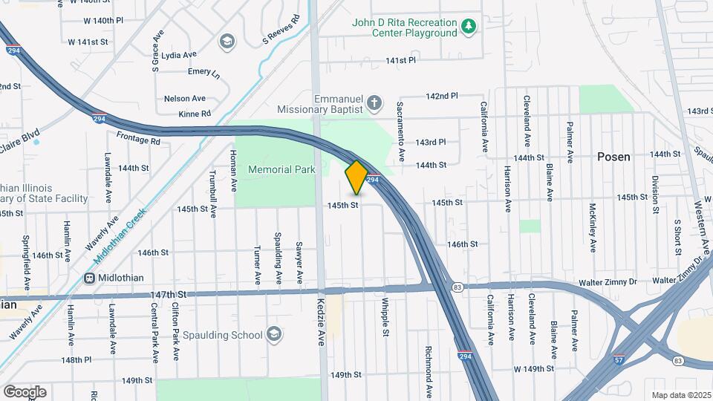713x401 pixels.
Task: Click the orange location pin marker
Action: tap(356, 177)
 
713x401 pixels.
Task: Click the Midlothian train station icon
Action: tap(89, 278)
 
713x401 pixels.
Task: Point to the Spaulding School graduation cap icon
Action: tap(274, 333)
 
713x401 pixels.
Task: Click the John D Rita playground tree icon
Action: tap(468, 27)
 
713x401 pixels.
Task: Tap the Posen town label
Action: tap(614, 157)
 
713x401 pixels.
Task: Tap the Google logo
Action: tap(25, 391)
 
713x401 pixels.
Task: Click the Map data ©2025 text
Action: tap(681, 394)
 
